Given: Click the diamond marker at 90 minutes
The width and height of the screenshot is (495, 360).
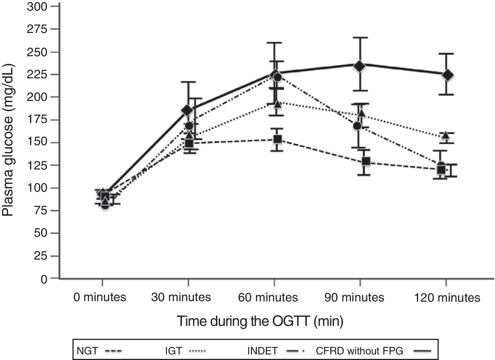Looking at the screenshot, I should (359, 66).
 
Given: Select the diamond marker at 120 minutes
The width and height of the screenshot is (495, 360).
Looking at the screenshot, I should (447, 75).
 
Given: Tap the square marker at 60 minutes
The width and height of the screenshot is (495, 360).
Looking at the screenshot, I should (278, 139).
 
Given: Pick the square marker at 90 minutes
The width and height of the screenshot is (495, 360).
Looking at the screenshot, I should (366, 161).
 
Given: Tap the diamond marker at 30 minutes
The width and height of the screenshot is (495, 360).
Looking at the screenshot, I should (187, 110).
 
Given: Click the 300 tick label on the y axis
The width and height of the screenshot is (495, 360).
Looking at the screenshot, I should (37, 6).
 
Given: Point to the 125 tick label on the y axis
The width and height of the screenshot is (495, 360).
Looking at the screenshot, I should (37, 165).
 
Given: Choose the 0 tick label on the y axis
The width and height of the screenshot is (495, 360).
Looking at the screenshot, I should (44, 279).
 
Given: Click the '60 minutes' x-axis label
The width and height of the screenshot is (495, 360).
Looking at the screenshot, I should (268, 297).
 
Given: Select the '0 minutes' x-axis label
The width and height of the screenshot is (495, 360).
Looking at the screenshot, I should (100, 297).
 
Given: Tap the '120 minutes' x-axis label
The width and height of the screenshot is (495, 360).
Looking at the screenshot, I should (447, 298).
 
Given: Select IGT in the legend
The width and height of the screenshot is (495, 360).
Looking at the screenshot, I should (173, 351).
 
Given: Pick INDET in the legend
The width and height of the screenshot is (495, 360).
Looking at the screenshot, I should (262, 351).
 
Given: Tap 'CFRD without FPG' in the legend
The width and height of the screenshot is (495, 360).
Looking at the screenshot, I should (359, 351).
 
